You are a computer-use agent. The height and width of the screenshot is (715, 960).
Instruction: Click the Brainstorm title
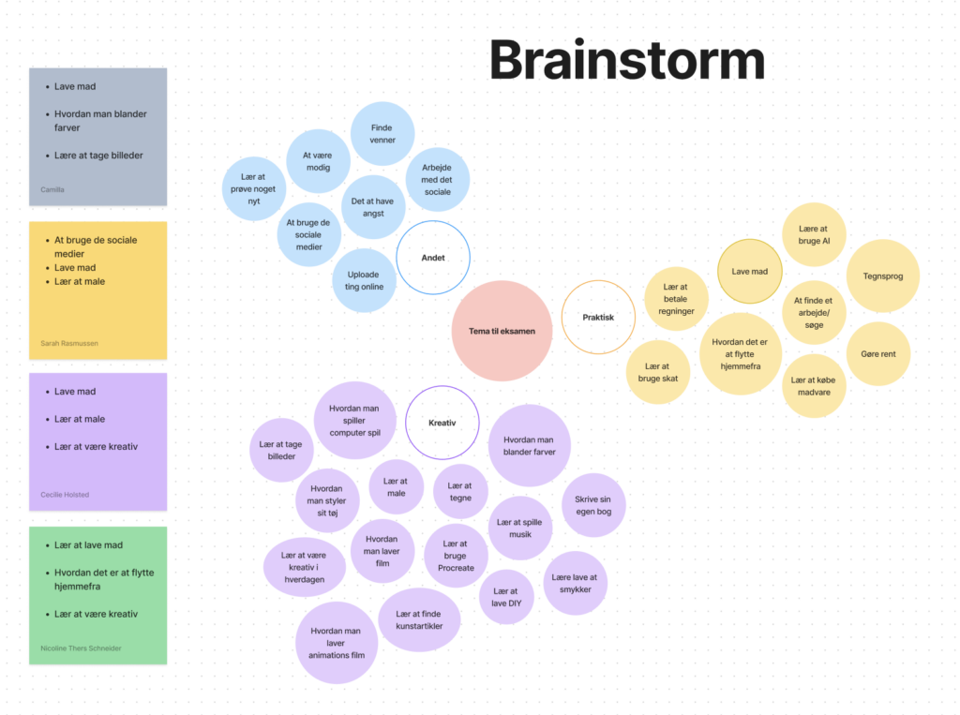[626, 61]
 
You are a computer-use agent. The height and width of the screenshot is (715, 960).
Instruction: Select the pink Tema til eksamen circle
[502, 331]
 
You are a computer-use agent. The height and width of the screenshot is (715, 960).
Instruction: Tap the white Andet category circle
[433, 258]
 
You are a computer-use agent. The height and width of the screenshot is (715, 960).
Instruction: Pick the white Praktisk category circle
[598, 317]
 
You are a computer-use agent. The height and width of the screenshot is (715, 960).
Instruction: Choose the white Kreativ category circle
[442, 423]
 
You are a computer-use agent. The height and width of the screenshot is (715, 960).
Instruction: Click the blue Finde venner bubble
[382, 134]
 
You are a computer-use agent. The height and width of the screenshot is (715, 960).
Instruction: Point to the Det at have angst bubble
[373, 207]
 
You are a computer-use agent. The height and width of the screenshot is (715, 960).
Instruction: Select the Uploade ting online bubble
[364, 280]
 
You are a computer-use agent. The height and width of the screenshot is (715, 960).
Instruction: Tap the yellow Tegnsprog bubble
[882, 276]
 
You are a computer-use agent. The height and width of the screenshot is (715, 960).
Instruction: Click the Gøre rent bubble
[877, 353]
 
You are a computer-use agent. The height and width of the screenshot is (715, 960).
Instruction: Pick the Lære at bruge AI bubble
[814, 234]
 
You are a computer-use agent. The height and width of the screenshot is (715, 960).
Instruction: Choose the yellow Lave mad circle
[750, 271]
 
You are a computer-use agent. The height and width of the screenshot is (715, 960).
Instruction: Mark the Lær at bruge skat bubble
[658, 372]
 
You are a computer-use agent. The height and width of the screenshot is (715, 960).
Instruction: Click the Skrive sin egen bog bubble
[593, 505]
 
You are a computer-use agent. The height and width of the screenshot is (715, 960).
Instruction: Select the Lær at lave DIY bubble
[505, 597]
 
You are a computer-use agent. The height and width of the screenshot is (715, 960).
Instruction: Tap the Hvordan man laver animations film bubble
[337, 643]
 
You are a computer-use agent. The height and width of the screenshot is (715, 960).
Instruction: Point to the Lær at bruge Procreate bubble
[456, 556]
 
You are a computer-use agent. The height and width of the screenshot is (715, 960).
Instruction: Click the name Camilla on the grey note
[52, 189]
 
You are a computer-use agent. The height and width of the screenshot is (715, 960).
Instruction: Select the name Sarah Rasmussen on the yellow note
[69, 343]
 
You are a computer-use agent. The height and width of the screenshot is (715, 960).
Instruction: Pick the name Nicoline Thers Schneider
[81, 648]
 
